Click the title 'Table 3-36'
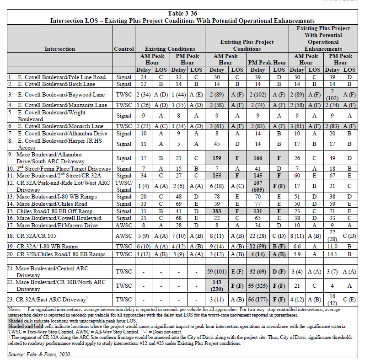tap(185, 13)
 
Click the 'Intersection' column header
tap(60, 48)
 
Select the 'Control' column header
tap(123, 48)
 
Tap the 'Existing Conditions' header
tap(170, 48)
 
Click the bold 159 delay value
tap(217, 158)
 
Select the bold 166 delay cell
tap(258, 158)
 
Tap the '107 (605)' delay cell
tap(258, 186)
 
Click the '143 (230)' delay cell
tap(217, 285)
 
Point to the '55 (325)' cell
tap(258, 285)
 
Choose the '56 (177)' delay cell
tap(258, 300)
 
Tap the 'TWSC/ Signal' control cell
tap(123, 186)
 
